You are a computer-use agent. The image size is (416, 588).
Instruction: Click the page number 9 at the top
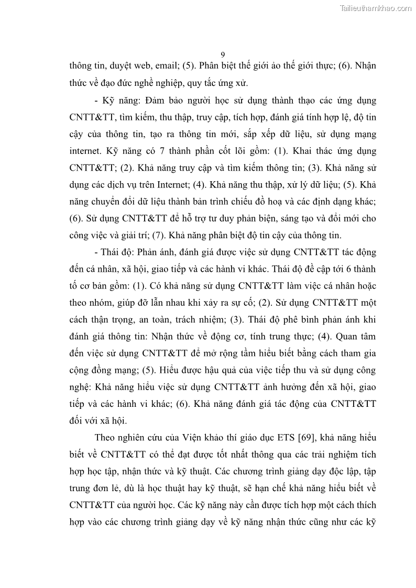coord(223,54)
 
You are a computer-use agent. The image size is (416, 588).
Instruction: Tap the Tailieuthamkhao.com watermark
coord(375,8)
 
